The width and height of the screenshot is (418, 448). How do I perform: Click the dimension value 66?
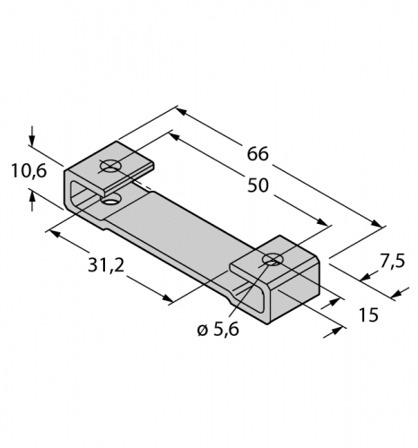point(257,153)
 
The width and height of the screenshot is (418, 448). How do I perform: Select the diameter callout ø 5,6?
point(217,329)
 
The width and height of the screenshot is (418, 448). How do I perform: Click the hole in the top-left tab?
point(110,167)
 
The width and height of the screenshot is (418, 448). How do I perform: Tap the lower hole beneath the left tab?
point(109,195)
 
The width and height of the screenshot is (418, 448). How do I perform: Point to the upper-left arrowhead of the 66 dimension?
point(179,112)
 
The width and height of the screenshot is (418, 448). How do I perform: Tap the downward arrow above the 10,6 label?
point(33,142)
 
